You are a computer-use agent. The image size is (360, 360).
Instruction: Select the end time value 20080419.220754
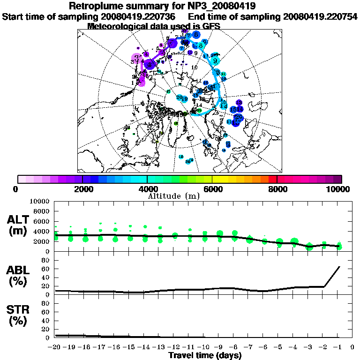point(321,16)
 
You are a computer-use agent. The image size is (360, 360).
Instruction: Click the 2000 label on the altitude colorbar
point(82,189)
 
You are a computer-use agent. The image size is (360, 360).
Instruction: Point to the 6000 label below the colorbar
point(212,189)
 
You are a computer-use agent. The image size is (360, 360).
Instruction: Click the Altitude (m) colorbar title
point(174,195)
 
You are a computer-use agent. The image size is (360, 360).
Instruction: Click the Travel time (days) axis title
point(205,355)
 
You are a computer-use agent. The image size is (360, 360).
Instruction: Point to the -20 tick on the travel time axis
point(55,347)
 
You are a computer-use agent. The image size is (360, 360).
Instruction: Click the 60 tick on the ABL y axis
point(46,269)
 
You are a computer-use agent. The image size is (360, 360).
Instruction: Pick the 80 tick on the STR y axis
point(46,303)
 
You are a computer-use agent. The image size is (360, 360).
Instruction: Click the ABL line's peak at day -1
point(339,267)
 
